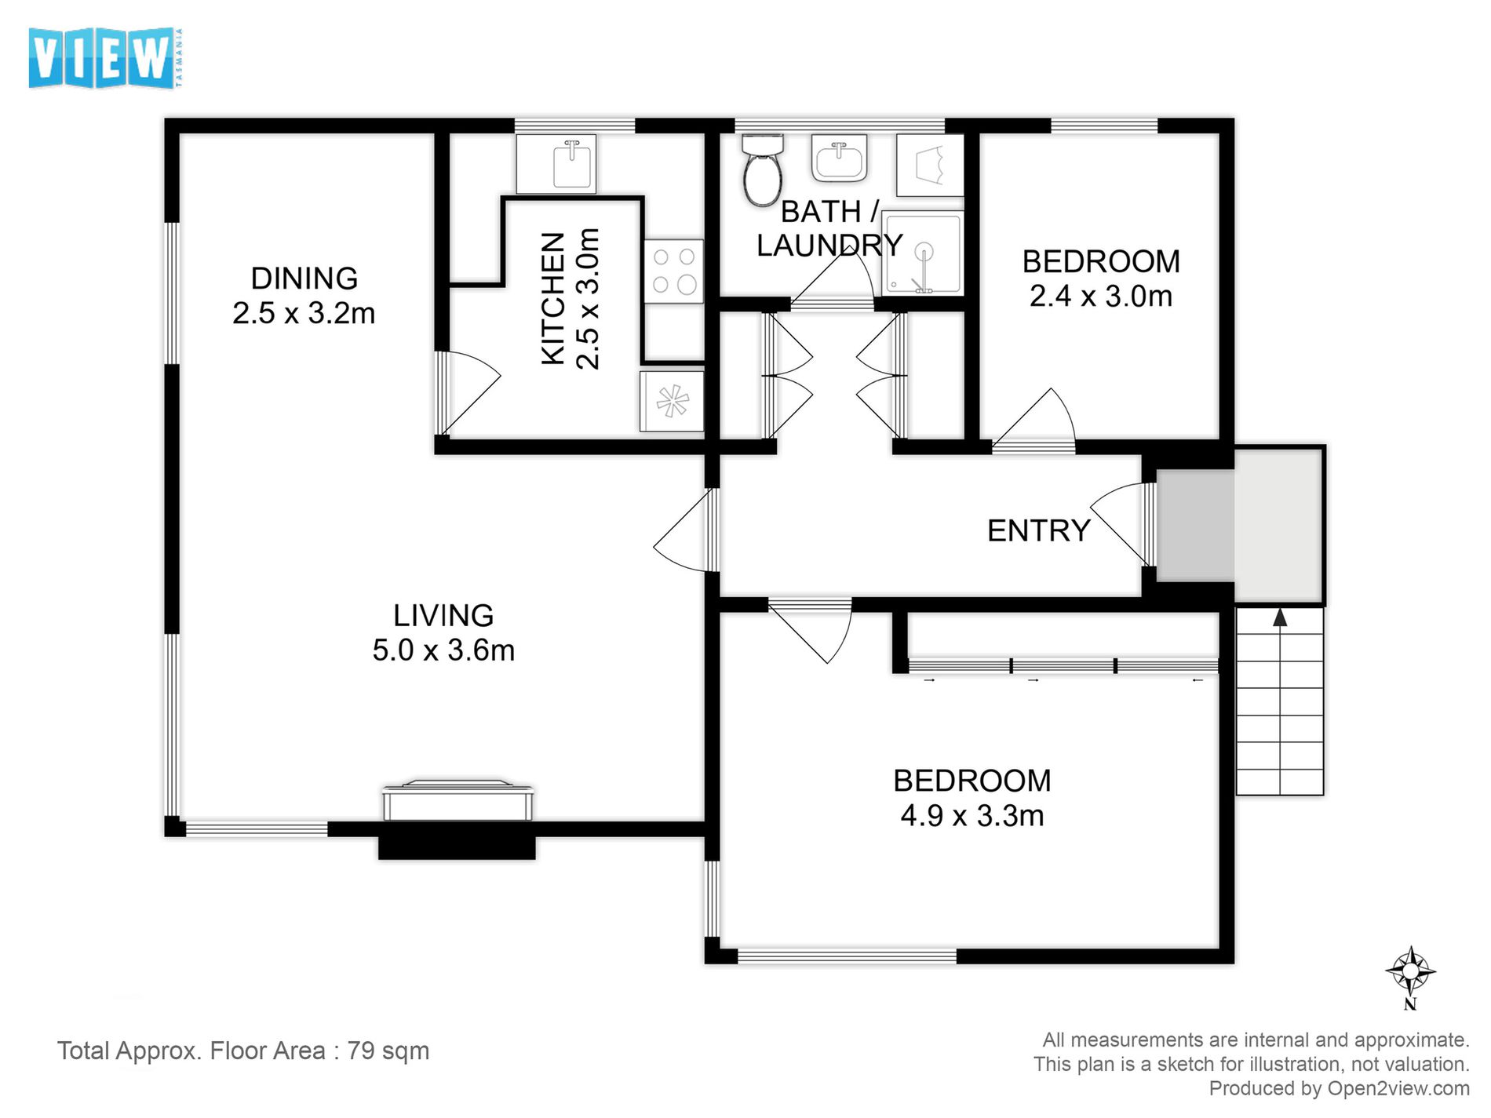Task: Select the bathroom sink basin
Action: click(839, 158)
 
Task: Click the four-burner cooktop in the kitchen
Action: click(674, 271)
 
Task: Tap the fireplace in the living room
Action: click(458, 820)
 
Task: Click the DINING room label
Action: click(304, 279)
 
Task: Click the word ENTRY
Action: click(1039, 531)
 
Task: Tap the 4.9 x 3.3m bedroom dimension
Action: click(972, 815)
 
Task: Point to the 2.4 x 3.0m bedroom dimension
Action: click(1101, 296)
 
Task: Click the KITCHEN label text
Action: click(553, 298)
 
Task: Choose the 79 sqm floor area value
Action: click(388, 1051)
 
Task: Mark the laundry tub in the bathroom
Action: click(930, 165)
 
